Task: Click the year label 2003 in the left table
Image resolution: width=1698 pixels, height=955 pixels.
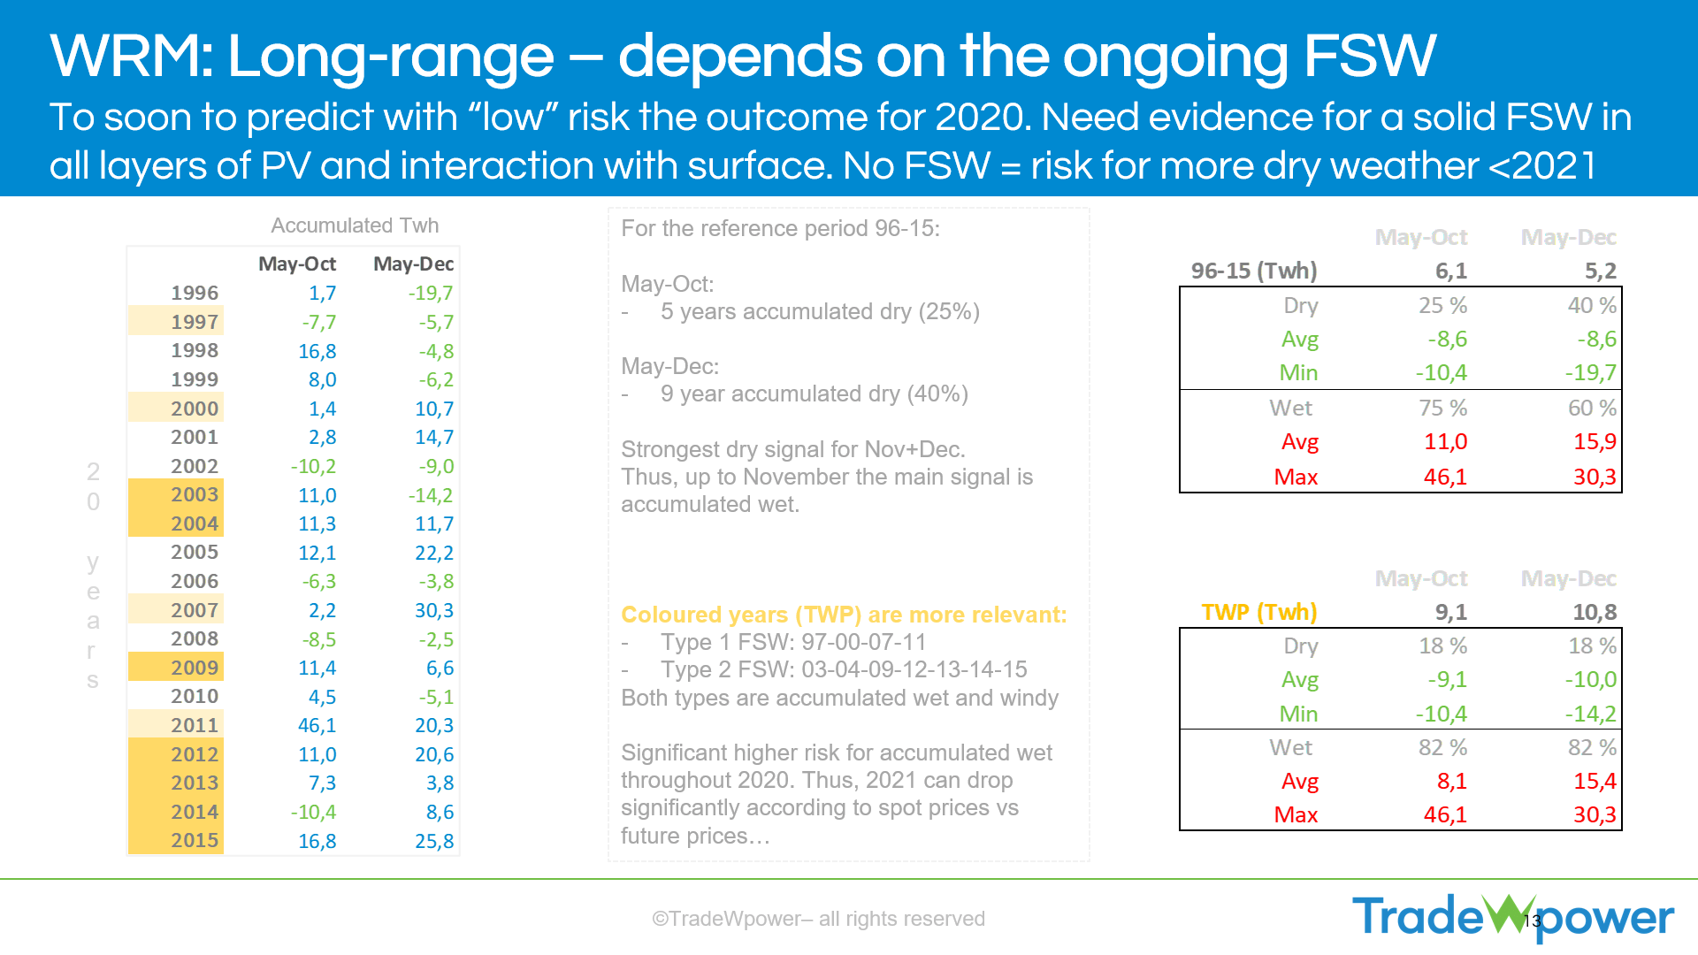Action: tap(194, 495)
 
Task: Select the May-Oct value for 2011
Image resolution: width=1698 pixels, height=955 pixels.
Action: tap(317, 726)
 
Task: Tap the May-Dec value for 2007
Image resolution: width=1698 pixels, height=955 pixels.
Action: tap(433, 611)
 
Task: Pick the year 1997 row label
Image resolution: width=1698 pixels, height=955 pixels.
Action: tap(194, 323)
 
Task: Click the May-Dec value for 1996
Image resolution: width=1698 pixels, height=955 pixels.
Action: tap(431, 294)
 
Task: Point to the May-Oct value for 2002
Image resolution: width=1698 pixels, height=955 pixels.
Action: tap(313, 467)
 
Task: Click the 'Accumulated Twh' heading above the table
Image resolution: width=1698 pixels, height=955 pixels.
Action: tap(355, 225)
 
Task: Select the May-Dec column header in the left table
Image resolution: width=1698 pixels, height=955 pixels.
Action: tap(413, 264)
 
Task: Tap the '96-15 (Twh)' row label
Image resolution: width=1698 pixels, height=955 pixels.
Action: tap(1253, 271)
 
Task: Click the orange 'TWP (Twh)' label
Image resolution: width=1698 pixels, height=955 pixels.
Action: tap(1258, 612)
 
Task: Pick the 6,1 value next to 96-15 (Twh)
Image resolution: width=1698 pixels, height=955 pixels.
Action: tap(1450, 271)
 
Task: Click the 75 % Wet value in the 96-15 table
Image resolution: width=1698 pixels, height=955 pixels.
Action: tap(1442, 409)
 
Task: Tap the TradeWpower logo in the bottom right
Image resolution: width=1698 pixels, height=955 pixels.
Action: tap(1512, 917)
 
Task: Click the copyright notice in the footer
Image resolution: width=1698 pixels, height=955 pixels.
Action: tap(818, 919)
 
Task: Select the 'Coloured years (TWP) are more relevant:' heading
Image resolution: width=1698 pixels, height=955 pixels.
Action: tap(844, 615)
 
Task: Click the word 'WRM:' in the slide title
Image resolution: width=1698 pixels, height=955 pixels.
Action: tap(132, 57)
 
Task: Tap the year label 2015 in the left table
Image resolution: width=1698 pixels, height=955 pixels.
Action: tap(194, 841)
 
